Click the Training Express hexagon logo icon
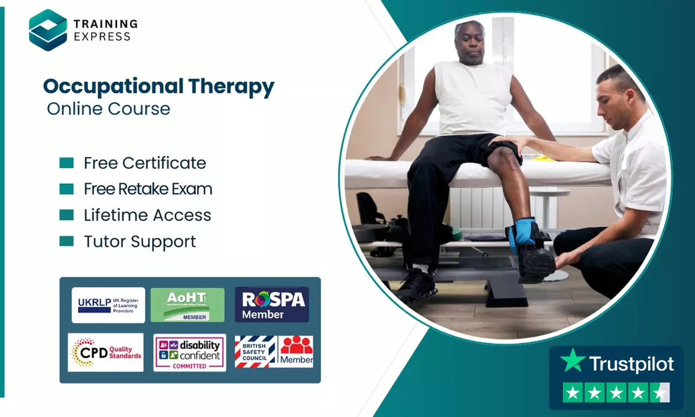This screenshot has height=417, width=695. point(48,30)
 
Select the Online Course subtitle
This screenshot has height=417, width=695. point(108,109)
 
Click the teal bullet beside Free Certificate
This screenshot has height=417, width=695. point(67,163)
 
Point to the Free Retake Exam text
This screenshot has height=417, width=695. point(148,189)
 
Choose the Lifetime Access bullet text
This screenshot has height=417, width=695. point(147,215)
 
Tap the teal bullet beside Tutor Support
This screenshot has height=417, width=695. point(67,241)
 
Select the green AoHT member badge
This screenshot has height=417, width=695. point(187,305)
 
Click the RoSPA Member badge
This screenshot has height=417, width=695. point(271,304)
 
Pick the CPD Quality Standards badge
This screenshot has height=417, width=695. point(105,352)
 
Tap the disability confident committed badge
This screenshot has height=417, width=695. point(189,352)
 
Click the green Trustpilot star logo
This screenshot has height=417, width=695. point(572,361)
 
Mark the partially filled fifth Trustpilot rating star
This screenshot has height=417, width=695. point(660,393)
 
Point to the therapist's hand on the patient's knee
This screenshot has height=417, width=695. point(509,143)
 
